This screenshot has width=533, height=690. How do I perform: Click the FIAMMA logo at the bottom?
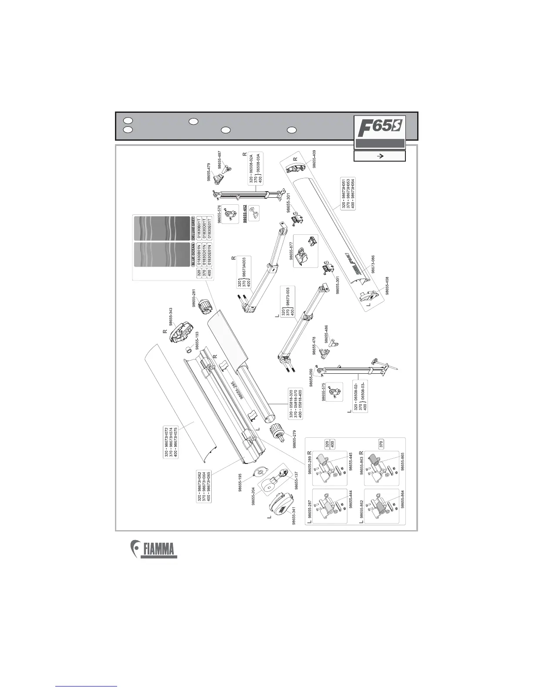pyautogui.click(x=155, y=549)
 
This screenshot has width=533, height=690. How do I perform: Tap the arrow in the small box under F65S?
pyautogui.click(x=379, y=156)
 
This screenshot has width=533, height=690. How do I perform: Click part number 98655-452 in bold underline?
pyautogui.click(x=246, y=214)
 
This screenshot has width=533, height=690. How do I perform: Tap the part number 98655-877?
pyautogui.click(x=291, y=251)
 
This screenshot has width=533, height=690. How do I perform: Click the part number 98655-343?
pyautogui.click(x=171, y=316)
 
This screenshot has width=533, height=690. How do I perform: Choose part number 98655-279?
pyautogui.click(x=294, y=439)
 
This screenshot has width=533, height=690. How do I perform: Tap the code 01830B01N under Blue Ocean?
pyautogui.click(x=199, y=254)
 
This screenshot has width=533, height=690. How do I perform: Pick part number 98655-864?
pyautogui.click(x=402, y=498)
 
